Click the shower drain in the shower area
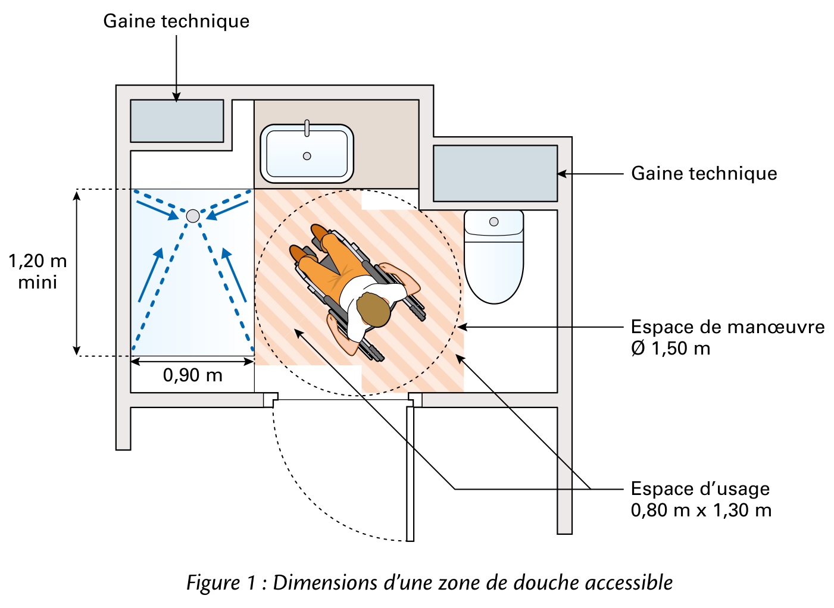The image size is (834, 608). [193, 216]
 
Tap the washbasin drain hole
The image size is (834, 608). [307, 156]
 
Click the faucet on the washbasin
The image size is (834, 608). [307, 127]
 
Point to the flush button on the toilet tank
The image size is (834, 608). [493, 222]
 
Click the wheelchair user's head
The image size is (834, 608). [373, 309]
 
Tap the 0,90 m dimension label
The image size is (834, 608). [192, 375]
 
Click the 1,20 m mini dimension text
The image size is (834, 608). [38, 271]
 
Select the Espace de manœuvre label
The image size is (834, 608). [727, 327]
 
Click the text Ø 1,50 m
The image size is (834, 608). [670, 349]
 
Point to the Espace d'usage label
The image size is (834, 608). [700, 489]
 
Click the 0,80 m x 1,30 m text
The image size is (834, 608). [701, 510]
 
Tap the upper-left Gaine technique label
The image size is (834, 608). [176, 21]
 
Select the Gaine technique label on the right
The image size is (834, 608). [704, 174]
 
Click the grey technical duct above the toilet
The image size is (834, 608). [495, 173]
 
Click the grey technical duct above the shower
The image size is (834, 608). [177, 121]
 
